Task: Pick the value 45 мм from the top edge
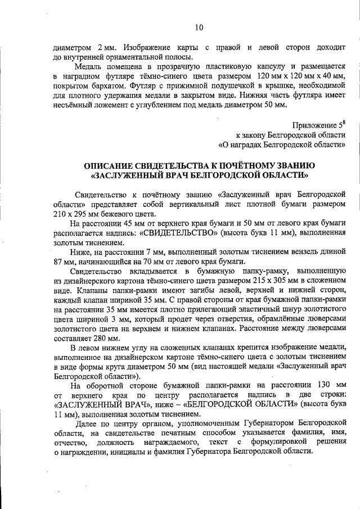(x=131, y=223)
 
